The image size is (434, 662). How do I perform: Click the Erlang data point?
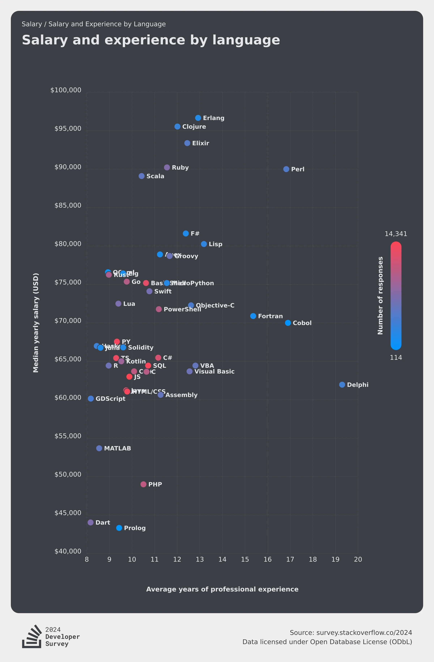(198, 118)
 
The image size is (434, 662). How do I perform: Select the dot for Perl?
(286, 169)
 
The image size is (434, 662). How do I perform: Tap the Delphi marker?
(342, 385)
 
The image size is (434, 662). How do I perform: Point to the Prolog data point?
(119, 528)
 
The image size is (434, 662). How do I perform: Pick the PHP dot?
(143, 484)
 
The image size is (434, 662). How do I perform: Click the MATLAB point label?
(117, 448)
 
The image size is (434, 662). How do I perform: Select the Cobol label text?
(302, 323)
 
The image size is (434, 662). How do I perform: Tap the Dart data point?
(90, 522)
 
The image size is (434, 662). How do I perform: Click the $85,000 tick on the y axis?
(68, 205)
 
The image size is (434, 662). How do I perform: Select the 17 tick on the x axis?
(290, 559)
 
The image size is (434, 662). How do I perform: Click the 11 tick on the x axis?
(155, 559)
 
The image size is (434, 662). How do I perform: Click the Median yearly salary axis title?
(36, 323)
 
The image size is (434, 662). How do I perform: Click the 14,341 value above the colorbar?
(396, 234)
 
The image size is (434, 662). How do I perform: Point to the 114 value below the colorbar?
(396, 358)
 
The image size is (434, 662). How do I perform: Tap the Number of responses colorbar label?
(380, 295)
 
